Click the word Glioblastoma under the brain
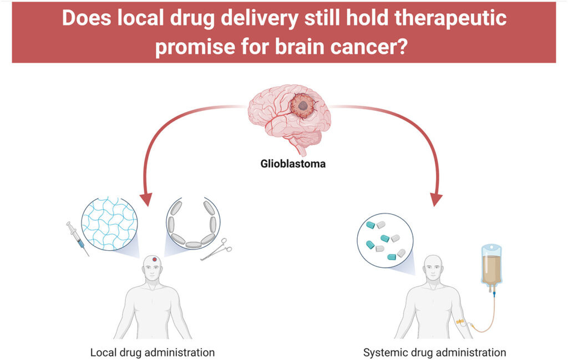[293, 164]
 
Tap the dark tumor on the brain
[302, 106]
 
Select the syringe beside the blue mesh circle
[78, 239]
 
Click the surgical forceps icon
[216, 250]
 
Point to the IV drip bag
[491, 265]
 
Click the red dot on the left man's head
[155, 259]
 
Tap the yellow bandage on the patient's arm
[460, 322]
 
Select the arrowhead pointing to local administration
[146, 199]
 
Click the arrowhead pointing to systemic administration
[436, 199]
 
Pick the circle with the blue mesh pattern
[109, 224]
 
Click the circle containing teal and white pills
[385, 240]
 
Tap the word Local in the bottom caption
[103, 352]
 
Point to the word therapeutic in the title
[450, 18]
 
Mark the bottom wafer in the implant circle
[194, 245]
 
